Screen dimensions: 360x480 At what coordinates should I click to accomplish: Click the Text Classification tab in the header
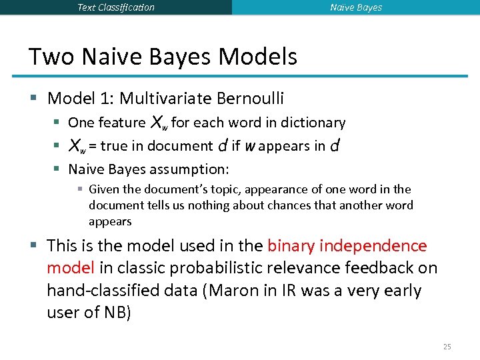tap(116, 7)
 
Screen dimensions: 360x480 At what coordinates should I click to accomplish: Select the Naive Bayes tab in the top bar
tap(356, 7)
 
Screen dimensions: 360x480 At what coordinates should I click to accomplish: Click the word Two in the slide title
tap(52, 57)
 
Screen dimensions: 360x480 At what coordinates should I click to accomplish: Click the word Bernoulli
tap(251, 99)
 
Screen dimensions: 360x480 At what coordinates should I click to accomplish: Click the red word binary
tap(290, 245)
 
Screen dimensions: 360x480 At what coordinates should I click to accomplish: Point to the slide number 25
tap(447, 347)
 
